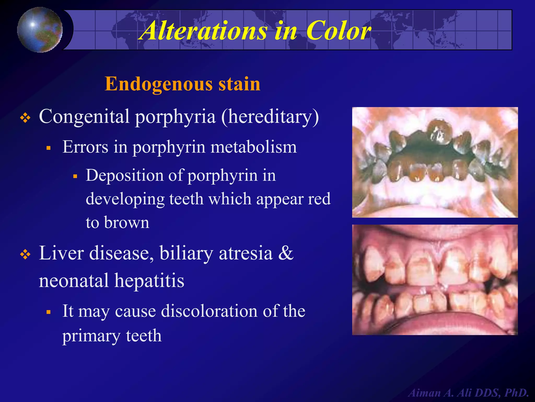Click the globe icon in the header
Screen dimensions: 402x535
click(x=40, y=30)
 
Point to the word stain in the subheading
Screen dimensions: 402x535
click(x=239, y=84)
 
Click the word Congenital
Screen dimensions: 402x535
click(x=84, y=116)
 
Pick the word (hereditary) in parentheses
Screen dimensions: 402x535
click(x=270, y=116)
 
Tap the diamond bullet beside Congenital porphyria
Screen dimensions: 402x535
click(x=25, y=118)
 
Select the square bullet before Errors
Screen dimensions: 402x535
click(x=48, y=148)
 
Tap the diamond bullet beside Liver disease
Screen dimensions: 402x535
click(x=25, y=254)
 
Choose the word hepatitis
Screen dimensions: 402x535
click(x=149, y=281)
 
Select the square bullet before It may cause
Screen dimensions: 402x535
click(x=48, y=312)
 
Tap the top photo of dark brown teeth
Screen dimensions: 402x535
click(x=435, y=162)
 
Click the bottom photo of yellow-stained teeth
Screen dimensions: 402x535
click(x=435, y=280)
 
